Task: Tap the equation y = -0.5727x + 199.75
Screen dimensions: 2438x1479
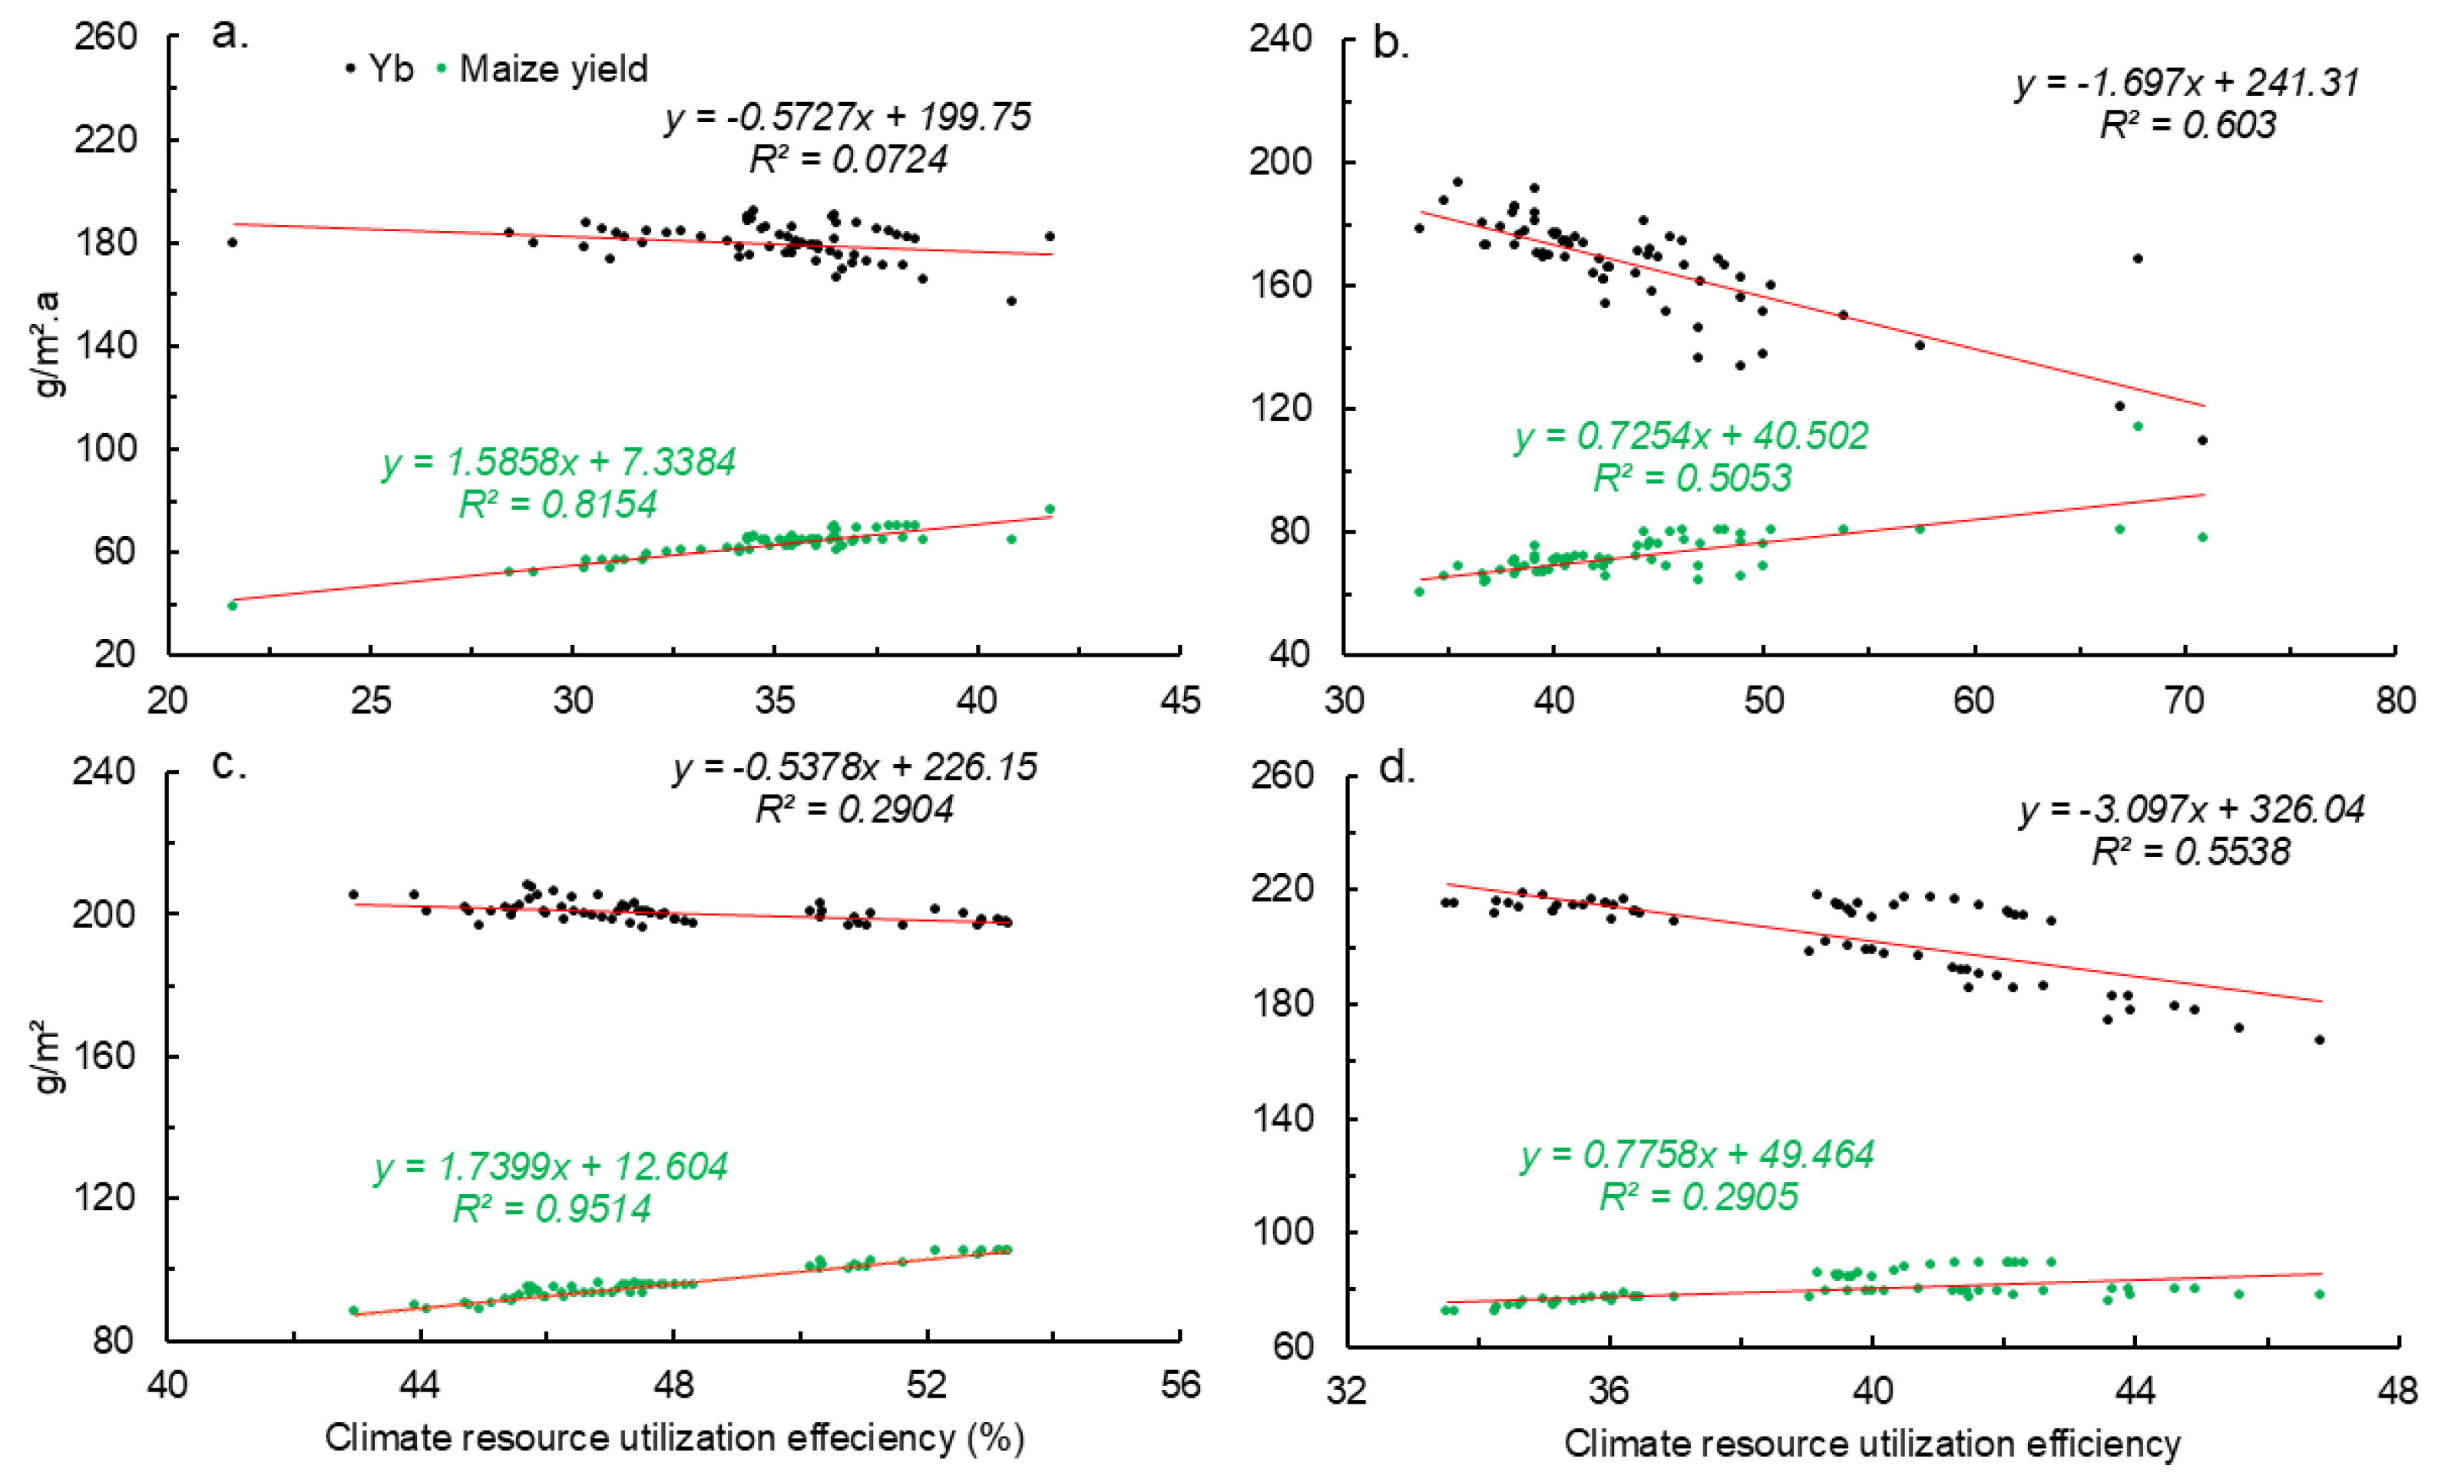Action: point(848,117)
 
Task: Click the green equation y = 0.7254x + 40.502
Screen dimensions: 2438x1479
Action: point(1691,436)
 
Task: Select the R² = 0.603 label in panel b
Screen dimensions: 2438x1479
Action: point(2188,124)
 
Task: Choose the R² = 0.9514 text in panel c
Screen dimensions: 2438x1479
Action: point(552,1209)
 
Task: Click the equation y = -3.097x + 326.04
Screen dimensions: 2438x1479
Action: point(2191,809)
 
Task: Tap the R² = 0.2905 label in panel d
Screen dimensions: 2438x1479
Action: point(1698,1197)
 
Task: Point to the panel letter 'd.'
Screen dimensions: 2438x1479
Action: point(1397,768)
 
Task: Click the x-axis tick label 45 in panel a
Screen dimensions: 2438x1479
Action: point(1179,700)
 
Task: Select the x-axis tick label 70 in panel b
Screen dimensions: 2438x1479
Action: point(2185,700)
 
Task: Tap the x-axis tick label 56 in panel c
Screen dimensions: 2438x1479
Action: point(1179,1385)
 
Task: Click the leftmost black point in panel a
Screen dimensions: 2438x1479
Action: point(233,243)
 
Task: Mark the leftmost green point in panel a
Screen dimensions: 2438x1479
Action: point(233,605)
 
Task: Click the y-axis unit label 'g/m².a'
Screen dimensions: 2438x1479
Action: point(47,344)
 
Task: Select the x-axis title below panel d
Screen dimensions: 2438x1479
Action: point(1872,1444)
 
